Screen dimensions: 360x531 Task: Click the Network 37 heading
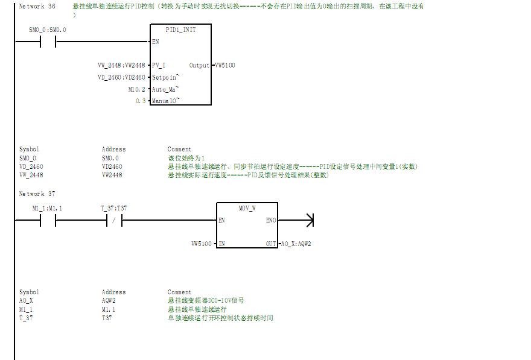tap(37, 194)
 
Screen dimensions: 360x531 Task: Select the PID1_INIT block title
tap(180, 30)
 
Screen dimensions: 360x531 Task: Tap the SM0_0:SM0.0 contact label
tap(48, 30)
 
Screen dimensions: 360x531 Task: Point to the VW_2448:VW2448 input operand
tap(121, 65)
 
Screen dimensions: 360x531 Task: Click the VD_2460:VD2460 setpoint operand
tap(121, 77)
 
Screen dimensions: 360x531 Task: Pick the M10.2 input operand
tap(136, 89)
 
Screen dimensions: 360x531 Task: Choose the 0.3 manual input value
tap(141, 101)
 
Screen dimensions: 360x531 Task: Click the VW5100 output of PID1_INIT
tap(225, 65)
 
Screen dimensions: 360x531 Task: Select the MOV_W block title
tap(247, 208)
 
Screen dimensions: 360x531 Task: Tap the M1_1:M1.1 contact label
tap(47, 208)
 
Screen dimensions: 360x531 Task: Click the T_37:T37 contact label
tap(114, 208)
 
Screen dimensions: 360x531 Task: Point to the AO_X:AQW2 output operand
tap(296, 244)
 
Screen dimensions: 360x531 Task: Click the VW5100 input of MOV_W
tap(202, 244)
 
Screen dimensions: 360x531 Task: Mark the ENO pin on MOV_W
tap(271, 221)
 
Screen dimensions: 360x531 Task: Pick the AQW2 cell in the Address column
tap(109, 300)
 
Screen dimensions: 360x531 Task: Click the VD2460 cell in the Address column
tap(112, 166)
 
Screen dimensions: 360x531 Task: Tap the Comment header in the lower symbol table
tap(179, 292)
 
